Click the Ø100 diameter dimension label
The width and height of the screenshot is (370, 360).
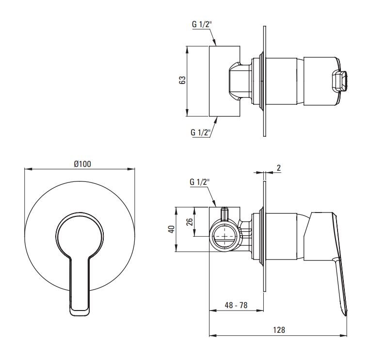tap(82, 164)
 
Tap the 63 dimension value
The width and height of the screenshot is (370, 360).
tap(182, 80)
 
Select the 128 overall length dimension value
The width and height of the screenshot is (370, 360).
tap(279, 329)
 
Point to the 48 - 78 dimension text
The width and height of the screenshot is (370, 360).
tap(236, 305)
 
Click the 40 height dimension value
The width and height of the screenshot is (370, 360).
tap(172, 229)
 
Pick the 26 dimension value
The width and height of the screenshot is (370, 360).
tap(190, 222)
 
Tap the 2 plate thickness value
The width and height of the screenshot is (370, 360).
tap(279, 168)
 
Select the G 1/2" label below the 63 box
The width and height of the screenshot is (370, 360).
tap(200, 132)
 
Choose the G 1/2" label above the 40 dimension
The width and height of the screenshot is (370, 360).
tap(200, 182)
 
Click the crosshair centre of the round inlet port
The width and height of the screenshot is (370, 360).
tap(225, 236)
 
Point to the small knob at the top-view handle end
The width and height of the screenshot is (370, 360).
tap(339, 81)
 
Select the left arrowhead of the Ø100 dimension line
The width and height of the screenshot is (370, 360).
tap(28, 169)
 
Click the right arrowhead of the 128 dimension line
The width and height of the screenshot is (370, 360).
tap(343, 335)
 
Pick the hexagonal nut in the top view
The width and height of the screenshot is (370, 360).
tap(239, 81)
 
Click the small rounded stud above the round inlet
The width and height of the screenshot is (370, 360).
tap(225, 213)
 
